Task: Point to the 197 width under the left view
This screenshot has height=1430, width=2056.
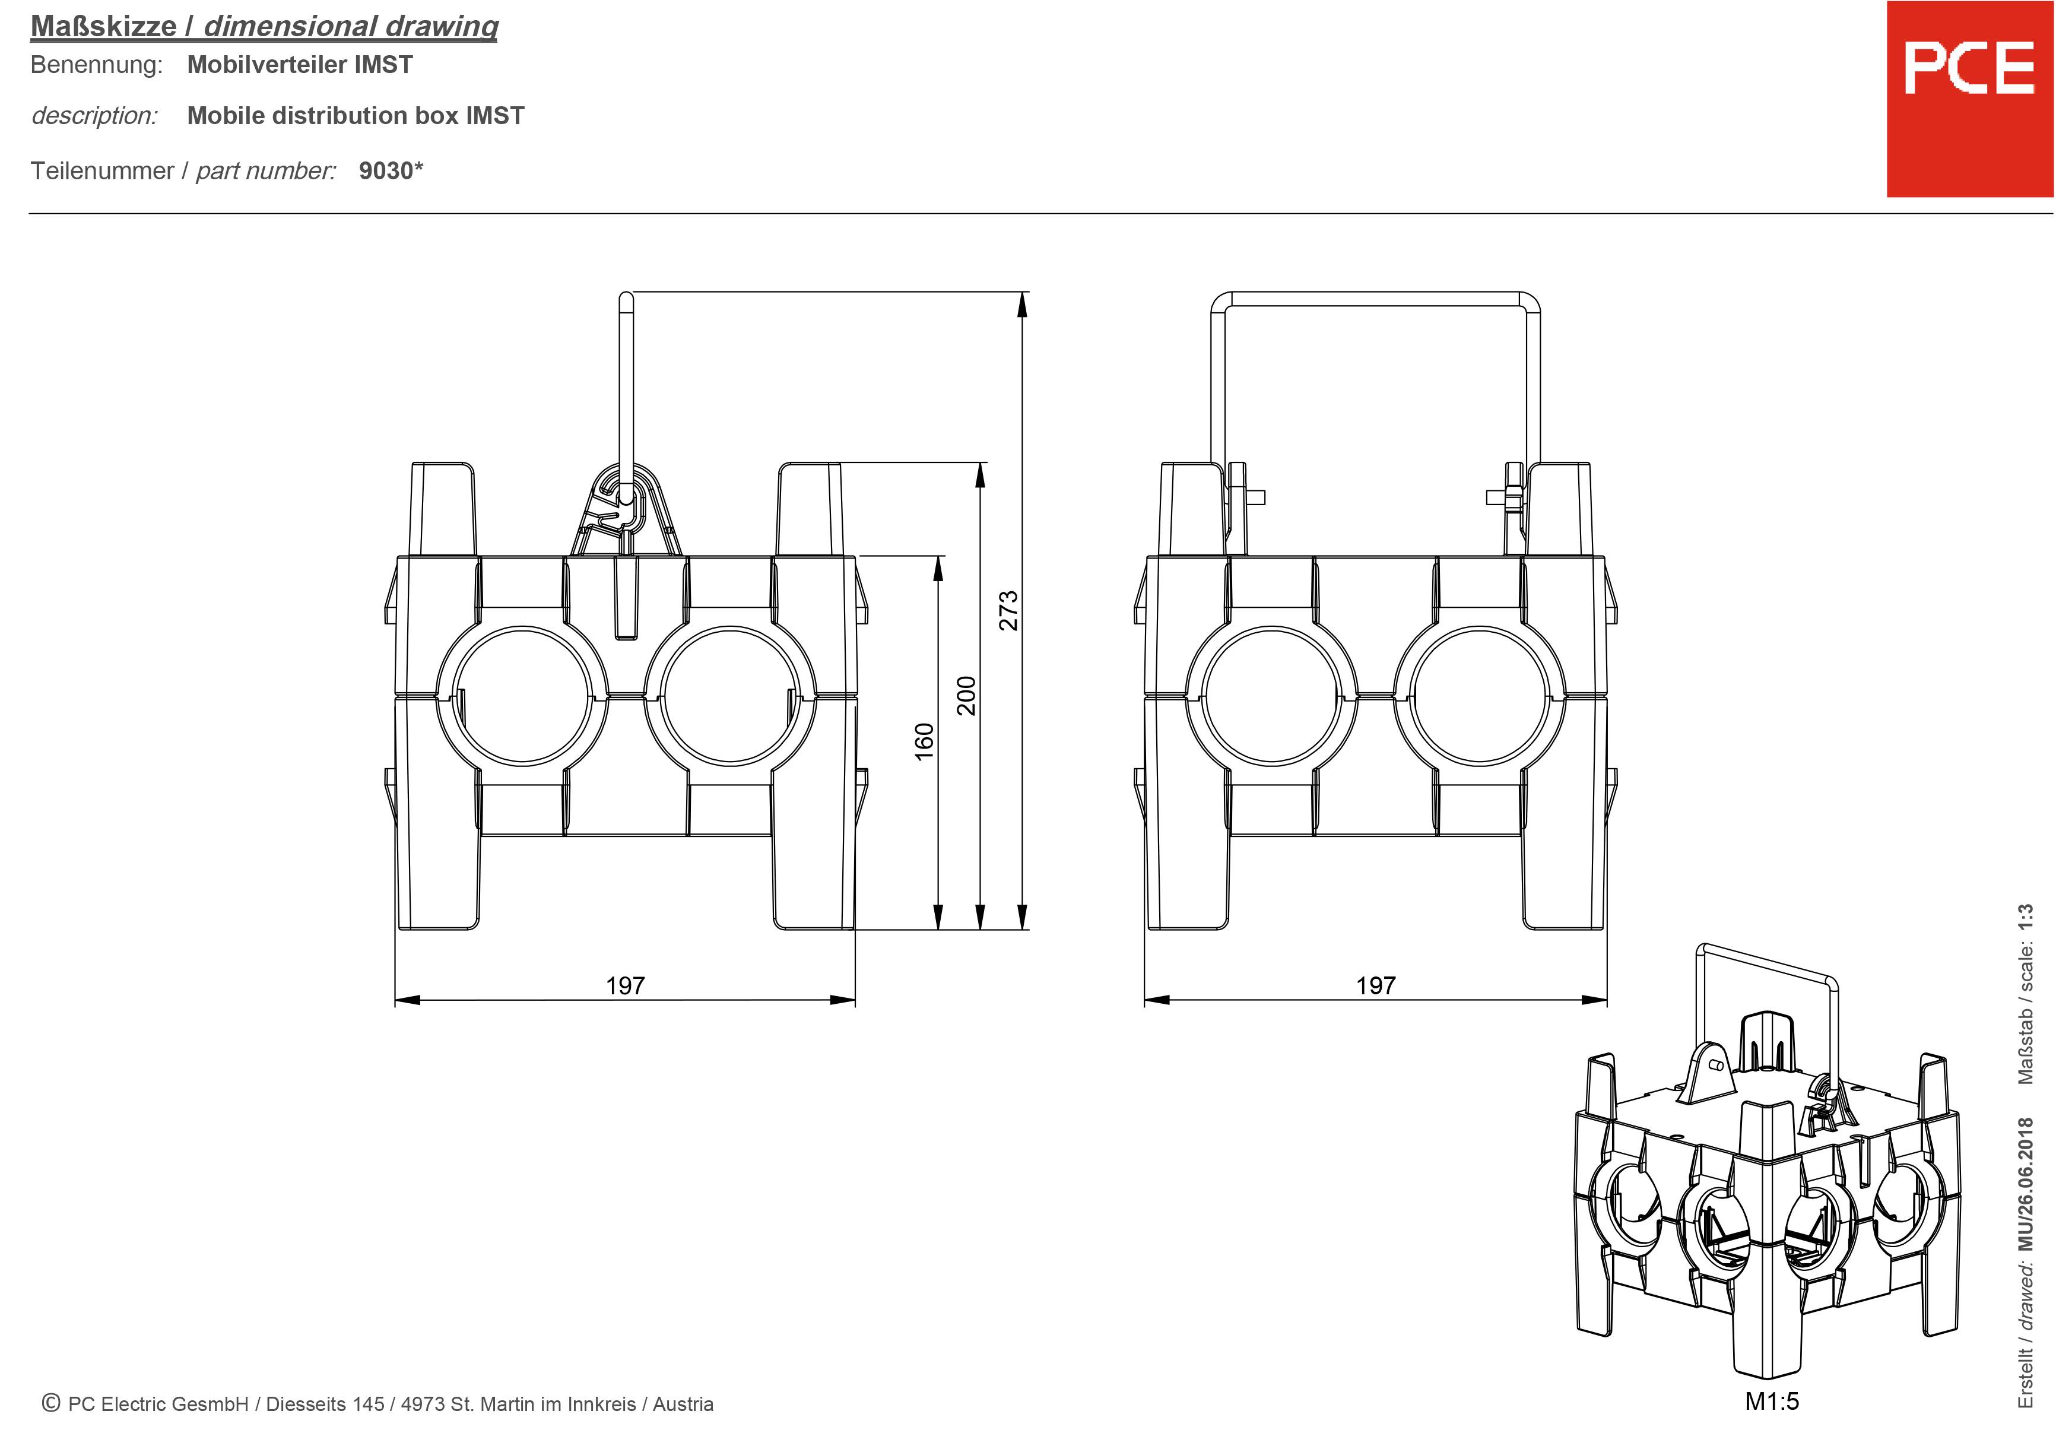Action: click(x=625, y=986)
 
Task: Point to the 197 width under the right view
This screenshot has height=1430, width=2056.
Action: click(x=1375, y=986)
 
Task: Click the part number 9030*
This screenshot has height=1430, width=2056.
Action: click(x=391, y=171)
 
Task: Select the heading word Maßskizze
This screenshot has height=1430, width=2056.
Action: click(x=104, y=27)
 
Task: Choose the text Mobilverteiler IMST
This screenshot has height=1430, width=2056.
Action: click(x=300, y=65)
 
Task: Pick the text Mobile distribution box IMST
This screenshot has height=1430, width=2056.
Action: click(x=356, y=116)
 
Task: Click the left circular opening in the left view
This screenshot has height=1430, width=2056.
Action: click(x=522, y=696)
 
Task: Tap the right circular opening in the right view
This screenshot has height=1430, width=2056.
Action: click(x=1479, y=696)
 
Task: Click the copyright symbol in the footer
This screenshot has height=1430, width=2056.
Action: click(x=51, y=1403)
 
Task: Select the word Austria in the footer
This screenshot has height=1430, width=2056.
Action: click(x=683, y=1404)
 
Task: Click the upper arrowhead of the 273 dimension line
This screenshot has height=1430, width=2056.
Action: click(x=1023, y=305)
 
